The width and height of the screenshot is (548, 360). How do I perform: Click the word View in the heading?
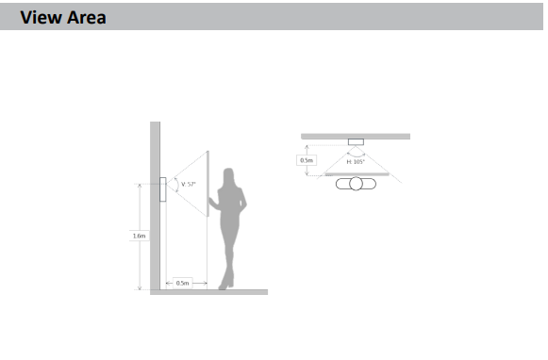(41, 18)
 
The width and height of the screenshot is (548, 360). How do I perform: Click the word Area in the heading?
(87, 18)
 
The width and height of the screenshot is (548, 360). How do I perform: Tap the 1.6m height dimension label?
(139, 236)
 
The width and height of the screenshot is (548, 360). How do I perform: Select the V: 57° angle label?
(189, 184)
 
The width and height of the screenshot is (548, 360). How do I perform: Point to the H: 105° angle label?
(356, 162)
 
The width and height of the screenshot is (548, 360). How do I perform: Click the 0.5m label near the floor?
(182, 283)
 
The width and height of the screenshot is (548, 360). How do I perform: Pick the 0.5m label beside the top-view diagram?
(307, 160)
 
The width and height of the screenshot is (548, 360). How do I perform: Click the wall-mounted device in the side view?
(163, 189)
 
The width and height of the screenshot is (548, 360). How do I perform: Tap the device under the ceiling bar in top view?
(356, 141)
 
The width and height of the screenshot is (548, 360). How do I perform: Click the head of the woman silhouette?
(228, 175)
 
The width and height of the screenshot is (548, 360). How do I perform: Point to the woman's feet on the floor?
(225, 285)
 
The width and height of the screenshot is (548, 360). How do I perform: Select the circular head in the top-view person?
(356, 184)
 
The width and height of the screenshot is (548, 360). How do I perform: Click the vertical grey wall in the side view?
(156, 205)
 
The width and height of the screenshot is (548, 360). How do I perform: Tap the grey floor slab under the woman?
(209, 292)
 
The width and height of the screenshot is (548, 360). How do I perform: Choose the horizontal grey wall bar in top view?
(356, 137)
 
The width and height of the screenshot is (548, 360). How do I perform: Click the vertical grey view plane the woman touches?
(208, 184)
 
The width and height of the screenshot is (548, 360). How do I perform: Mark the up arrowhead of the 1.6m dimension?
(140, 186)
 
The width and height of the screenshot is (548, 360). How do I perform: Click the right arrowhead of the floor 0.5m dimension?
(206, 283)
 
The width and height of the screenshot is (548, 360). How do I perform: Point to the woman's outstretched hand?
(210, 200)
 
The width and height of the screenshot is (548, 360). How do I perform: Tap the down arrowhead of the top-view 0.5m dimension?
(307, 173)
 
